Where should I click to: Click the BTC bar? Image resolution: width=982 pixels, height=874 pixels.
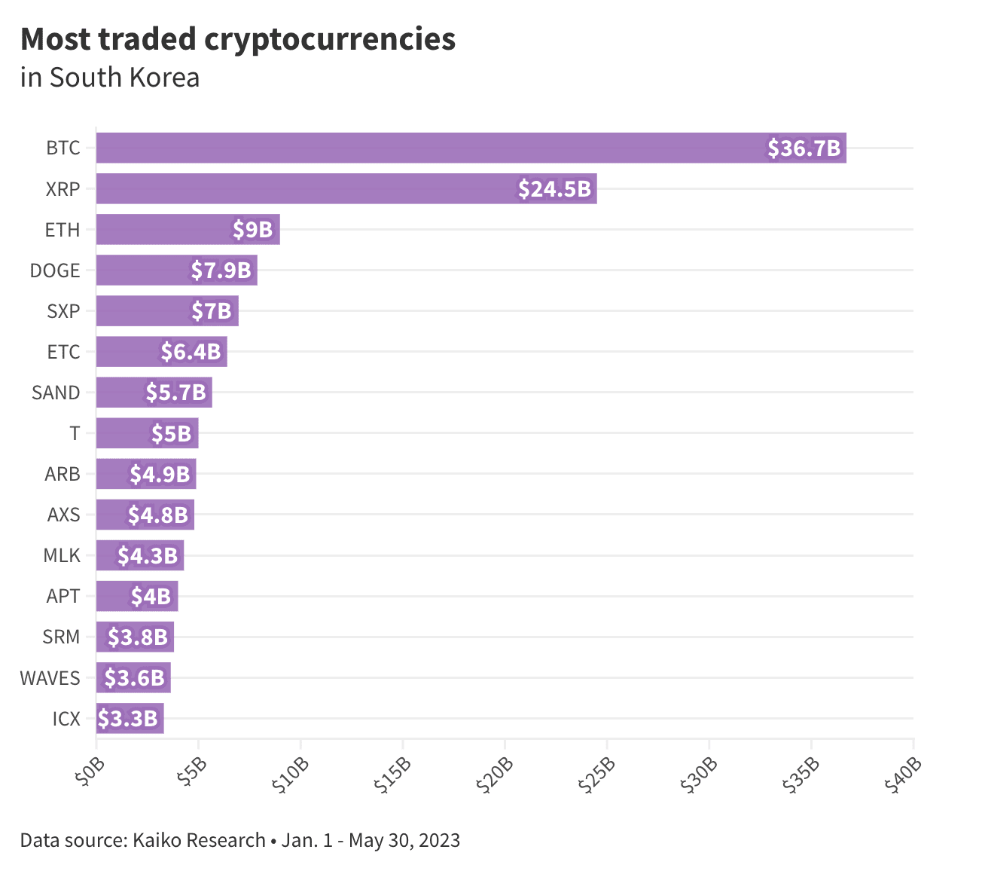pyautogui.click(x=471, y=148)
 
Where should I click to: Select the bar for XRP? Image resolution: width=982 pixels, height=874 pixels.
pyautogui.click(x=346, y=188)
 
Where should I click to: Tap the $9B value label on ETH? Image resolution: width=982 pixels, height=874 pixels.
pyautogui.click(x=252, y=229)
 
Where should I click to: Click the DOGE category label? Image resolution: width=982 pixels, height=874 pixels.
pyautogui.click(x=55, y=270)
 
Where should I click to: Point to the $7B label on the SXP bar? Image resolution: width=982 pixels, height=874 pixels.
pyautogui.click(x=211, y=310)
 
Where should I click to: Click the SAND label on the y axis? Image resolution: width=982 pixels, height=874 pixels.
pyautogui.click(x=56, y=393)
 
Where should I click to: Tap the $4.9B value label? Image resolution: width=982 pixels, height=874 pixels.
pyautogui.click(x=160, y=474)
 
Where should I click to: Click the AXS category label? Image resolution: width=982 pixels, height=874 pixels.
pyautogui.click(x=63, y=515)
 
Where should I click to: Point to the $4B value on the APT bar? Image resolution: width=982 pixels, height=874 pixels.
pyautogui.click(x=151, y=597)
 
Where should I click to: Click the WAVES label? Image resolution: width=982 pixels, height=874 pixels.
pyautogui.click(x=50, y=678)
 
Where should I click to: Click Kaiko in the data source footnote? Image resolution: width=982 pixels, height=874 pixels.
pyautogui.click(x=157, y=840)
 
